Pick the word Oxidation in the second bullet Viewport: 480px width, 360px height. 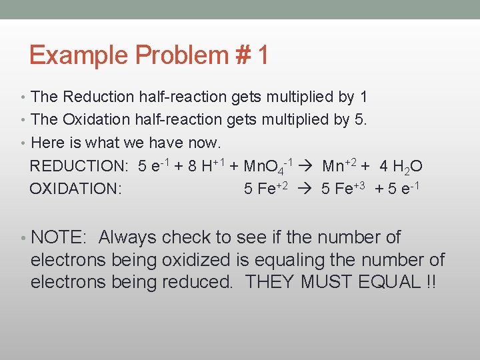(x=97, y=119)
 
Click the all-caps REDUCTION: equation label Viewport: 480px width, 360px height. (x=79, y=166)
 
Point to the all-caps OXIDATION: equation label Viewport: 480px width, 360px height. (x=75, y=189)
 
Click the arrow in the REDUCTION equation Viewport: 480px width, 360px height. (x=309, y=166)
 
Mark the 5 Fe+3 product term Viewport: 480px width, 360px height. (x=345, y=189)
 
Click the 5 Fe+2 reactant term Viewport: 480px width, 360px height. (x=266, y=189)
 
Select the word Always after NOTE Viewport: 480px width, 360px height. (x=127, y=237)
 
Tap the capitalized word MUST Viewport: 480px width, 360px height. (x=325, y=282)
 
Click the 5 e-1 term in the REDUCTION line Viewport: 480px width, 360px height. (x=155, y=165)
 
